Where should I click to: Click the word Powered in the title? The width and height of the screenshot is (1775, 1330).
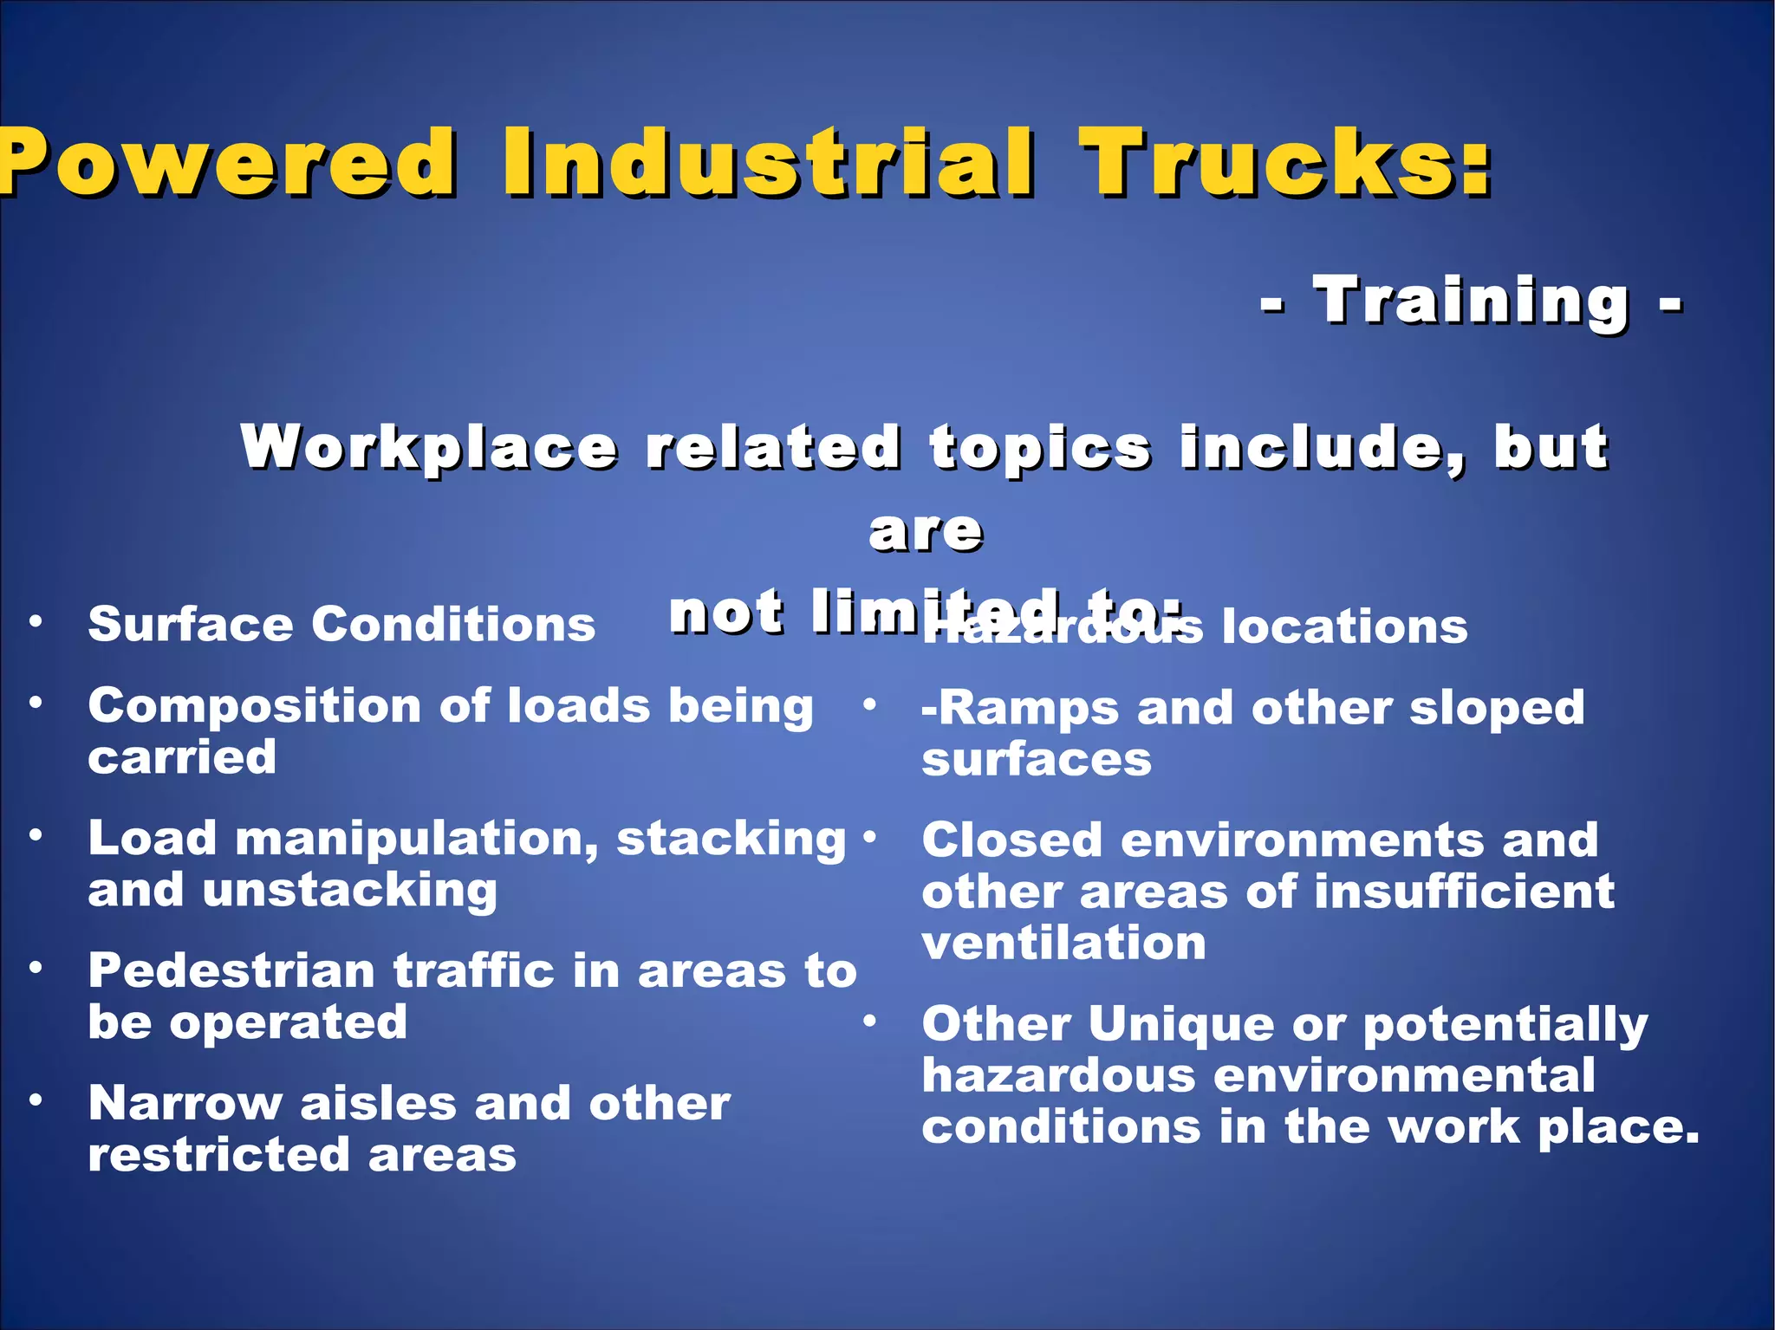pyautogui.click(x=227, y=162)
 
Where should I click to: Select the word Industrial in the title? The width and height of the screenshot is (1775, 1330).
pyautogui.click(x=768, y=162)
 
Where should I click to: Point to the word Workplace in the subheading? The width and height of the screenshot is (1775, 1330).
pyautogui.click(x=429, y=448)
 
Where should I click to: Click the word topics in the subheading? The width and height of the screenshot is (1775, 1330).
pyautogui.click(x=1040, y=448)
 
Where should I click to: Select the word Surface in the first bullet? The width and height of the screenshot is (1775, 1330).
pyautogui.click(x=191, y=624)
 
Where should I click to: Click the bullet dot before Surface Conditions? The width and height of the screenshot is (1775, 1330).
pyautogui.click(x=36, y=620)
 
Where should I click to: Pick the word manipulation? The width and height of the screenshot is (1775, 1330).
pyautogui.click(x=417, y=840)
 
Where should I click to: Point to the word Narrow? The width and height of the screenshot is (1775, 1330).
pyautogui.click(x=185, y=1104)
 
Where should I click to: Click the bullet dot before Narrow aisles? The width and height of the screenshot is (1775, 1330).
pyautogui.click(x=36, y=1100)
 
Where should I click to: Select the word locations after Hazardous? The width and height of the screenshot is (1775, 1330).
pyautogui.click(x=1344, y=626)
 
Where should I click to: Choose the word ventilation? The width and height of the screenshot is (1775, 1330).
pyautogui.click(x=1063, y=943)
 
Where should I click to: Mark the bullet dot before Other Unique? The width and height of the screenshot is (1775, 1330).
pyautogui.click(x=869, y=1022)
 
